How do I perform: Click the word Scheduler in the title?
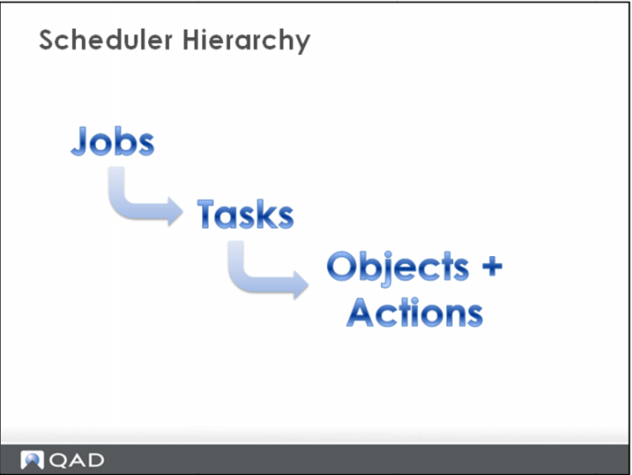point(106,40)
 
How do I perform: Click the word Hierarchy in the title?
point(246,41)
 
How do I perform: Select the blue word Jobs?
point(113,141)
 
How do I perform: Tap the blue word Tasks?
point(246,215)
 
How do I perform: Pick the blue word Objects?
point(398,268)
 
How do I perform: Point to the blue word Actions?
point(414,312)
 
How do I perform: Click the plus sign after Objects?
point(492,266)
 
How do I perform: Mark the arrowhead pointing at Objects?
point(301,285)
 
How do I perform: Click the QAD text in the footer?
point(76,460)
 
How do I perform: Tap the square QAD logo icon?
point(32,460)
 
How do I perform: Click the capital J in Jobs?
point(79,141)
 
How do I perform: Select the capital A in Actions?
point(361,312)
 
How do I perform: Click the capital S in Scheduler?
point(49,40)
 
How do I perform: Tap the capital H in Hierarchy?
point(192,40)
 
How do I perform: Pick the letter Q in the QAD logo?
point(58,461)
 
